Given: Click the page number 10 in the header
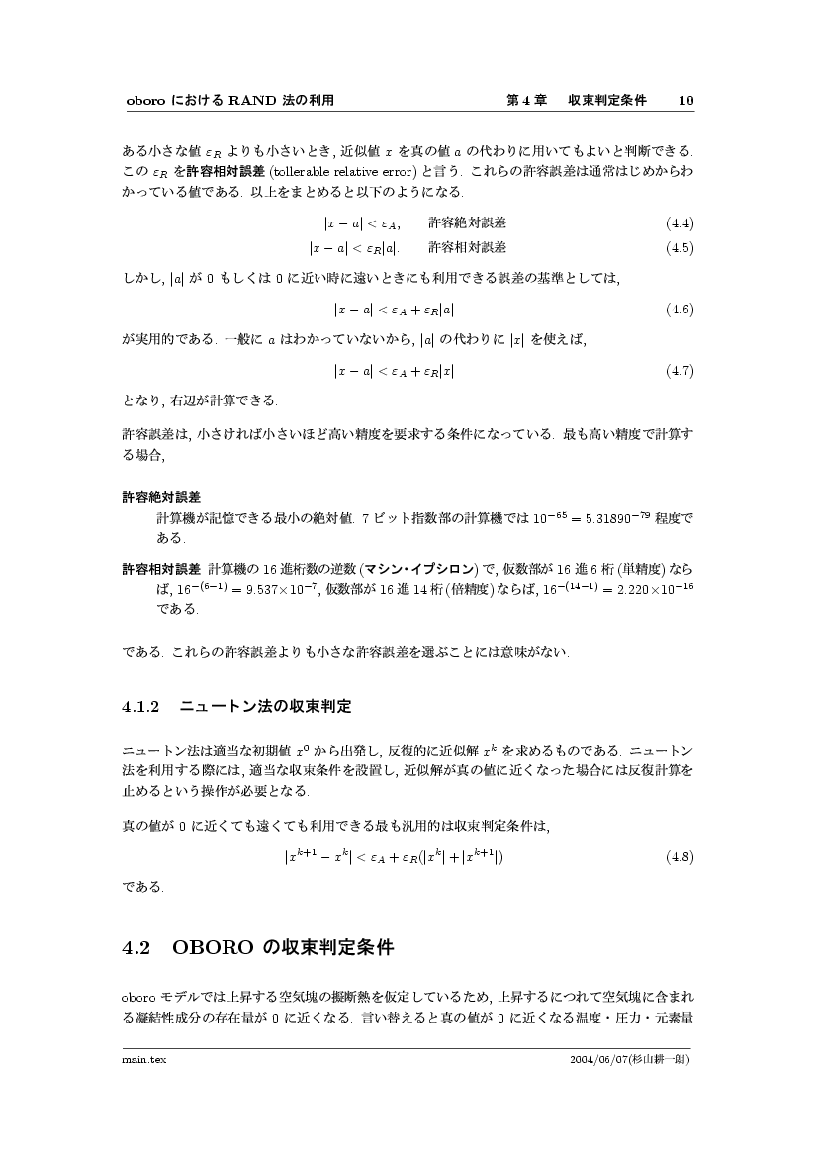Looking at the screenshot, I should (686, 100).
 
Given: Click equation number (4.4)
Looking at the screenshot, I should (680, 222).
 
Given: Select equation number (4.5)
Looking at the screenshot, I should (680, 247).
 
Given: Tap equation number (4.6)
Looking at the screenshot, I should (680, 310).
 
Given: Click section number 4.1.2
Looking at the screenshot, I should (139, 707).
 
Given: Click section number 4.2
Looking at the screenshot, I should (136, 948).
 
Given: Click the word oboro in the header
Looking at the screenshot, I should (144, 100).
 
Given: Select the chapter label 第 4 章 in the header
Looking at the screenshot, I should (526, 100).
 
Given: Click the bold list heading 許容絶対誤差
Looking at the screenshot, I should (161, 496).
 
